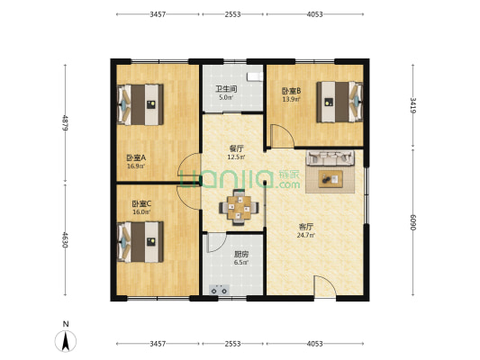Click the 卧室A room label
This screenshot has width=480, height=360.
pos(136,157)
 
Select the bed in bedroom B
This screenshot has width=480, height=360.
pos(340,102)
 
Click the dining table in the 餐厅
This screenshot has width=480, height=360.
pos(239,208)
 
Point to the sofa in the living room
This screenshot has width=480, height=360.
pos(331,157)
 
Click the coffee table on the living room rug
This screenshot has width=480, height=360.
pos(331,179)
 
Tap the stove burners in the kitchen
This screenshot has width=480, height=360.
pos(219,289)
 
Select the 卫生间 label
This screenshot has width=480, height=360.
pos(226,89)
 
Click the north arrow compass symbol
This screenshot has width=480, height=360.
pos(66,341)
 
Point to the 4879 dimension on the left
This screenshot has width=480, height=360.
pos(65,123)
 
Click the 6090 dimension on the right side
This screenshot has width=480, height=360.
pos(413,222)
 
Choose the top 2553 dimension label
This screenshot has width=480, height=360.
pos(232,14)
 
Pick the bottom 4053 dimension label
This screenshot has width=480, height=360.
pos(314,344)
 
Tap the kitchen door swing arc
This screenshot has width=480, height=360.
pos(217,242)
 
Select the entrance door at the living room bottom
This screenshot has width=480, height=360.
pos(325,286)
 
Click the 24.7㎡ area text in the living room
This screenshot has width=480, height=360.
pos(306,235)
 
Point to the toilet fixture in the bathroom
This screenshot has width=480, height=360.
pos(255,76)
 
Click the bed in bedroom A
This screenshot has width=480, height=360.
pos(140,104)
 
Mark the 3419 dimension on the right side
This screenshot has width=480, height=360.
pos(413,105)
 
